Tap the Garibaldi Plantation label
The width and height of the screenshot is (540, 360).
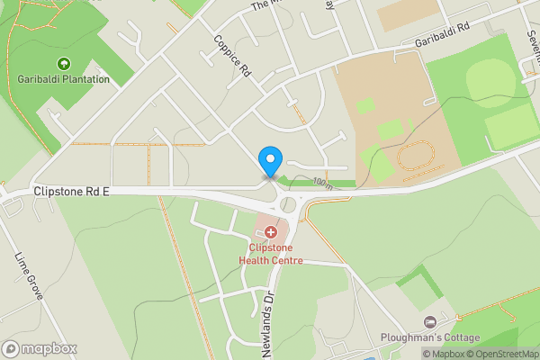click(63, 79)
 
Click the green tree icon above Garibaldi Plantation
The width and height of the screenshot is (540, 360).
click(63, 63)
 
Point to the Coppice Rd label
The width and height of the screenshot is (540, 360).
click(230, 59)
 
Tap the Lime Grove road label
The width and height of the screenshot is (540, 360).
click(29, 275)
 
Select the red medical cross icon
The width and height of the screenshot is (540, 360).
click(270, 232)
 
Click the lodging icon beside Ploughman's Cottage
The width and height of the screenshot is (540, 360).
click(430, 321)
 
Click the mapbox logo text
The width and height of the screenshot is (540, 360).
click(50, 349)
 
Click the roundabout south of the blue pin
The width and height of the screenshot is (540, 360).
click(289, 204)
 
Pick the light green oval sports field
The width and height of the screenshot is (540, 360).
click(486, 76)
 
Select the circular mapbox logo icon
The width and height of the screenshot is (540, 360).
click(12, 349)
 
